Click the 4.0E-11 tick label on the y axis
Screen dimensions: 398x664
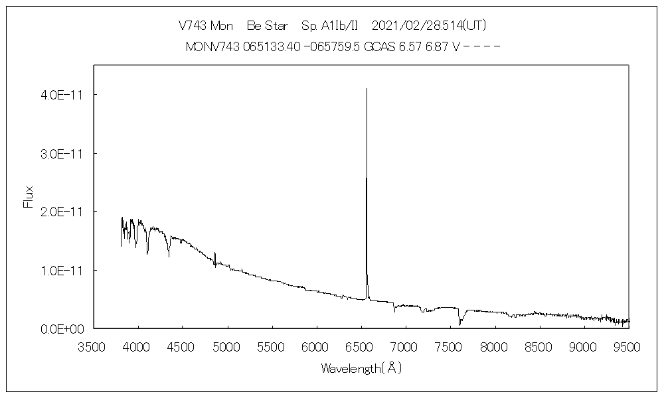pyautogui.click(x=61, y=95)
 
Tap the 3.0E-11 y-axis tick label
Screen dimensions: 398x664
pyautogui.click(x=61, y=153)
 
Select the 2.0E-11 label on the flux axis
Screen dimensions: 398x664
pyautogui.click(x=61, y=212)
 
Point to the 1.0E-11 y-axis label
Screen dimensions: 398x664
pyautogui.click(x=61, y=270)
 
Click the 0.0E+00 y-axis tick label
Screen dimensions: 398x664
pyautogui.click(x=61, y=328)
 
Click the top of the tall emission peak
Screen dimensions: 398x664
pyautogui.click(x=367, y=89)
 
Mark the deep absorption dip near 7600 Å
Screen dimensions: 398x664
pyautogui.click(x=459, y=324)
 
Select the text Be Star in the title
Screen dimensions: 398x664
pyautogui.click(x=268, y=26)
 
